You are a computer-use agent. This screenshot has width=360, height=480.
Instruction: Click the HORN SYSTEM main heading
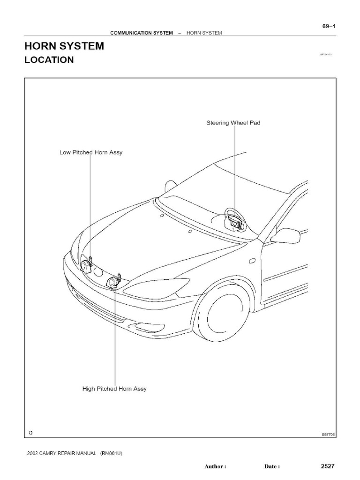(64, 46)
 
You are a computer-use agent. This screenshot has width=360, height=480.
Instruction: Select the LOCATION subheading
(49, 60)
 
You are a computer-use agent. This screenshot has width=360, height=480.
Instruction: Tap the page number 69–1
(329, 26)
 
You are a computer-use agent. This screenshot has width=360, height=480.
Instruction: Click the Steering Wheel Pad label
(233, 123)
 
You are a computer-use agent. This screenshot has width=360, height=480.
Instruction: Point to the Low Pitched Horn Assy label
(91, 152)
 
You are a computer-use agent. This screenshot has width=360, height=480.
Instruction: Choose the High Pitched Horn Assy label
(114, 389)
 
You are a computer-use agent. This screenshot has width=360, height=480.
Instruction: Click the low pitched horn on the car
(86, 266)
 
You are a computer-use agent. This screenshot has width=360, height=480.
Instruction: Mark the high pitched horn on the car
(113, 282)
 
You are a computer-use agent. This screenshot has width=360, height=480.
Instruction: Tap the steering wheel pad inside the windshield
(235, 220)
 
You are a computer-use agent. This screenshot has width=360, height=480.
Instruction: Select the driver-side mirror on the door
(285, 235)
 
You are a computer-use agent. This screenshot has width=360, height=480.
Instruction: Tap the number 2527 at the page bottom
(327, 466)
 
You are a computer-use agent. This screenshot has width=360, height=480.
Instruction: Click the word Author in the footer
(216, 467)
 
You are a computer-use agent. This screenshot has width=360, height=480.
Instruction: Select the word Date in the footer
(271, 467)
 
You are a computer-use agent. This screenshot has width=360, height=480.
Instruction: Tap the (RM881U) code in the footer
(112, 453)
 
